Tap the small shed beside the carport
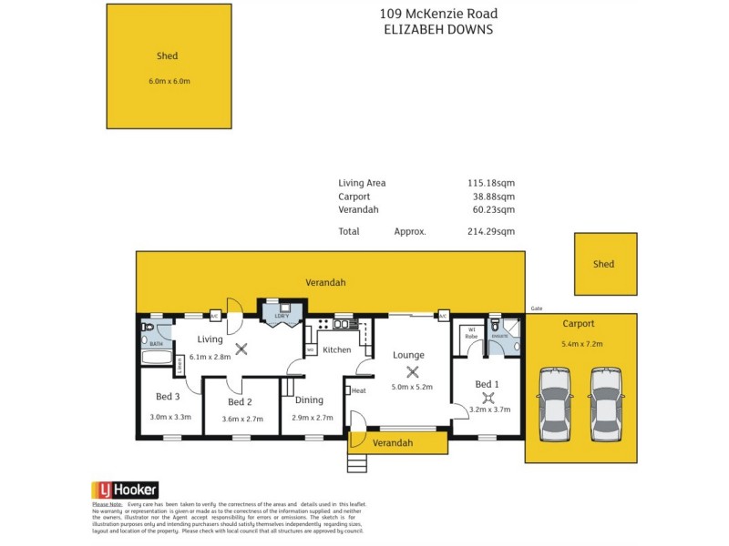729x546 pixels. pos(603,264)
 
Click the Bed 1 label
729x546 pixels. pos(487,385)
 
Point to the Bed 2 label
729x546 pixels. pos(240,402)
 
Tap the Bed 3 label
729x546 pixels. pos(167,396)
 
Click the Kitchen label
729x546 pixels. pos(337,349)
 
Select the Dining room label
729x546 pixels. pos(308,399)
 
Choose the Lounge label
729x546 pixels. pos(409,355)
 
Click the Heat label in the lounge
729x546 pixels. pos(358,390)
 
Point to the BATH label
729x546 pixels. pos(156,345)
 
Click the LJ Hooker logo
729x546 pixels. pos(125,490)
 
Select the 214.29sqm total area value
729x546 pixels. pos(491,232)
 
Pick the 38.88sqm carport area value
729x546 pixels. pos(494,197)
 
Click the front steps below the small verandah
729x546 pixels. pos(355,463)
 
